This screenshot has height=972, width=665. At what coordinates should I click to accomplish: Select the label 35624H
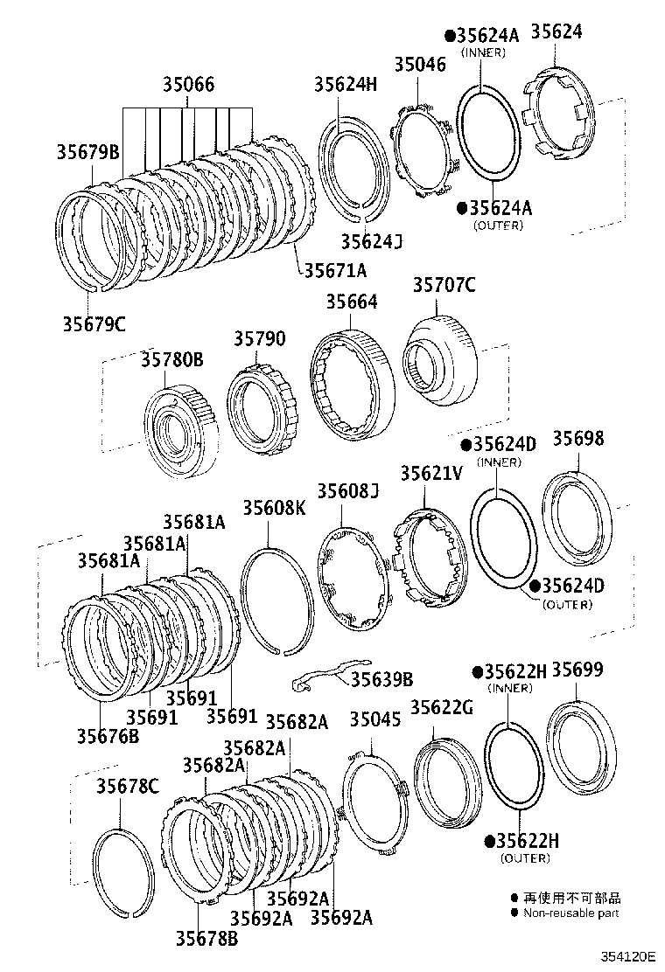tap(346, 84)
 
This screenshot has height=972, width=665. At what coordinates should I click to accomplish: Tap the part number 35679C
tap(94, 323)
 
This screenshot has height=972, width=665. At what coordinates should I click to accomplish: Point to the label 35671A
tap(335, 271)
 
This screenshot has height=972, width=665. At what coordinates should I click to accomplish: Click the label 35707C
tap(444, 285)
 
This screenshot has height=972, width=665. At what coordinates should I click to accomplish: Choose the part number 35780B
tap(172, 358)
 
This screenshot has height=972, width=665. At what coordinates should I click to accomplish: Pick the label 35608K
tap(274, 507)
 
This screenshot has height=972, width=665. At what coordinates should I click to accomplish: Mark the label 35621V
tap(431, 473)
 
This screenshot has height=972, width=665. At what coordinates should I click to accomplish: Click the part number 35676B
tap(108, 735)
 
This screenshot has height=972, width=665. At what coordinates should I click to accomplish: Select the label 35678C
tap(127, 787)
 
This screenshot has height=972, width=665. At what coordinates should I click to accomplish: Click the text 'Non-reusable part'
tap(570, 913)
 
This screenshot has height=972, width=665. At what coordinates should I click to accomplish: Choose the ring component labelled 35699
tap(583, 753)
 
